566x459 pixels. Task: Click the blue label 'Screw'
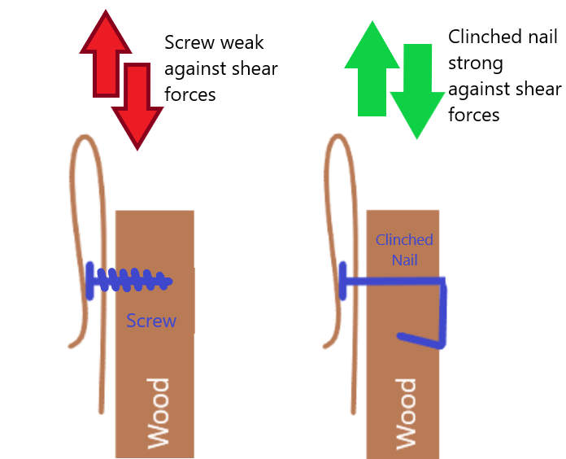pyautogui.click(x=151, y=321)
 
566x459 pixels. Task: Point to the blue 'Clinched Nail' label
pyautogui.click(x=404, y=249)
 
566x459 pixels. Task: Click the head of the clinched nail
pyautogui.click(x=342, y=281)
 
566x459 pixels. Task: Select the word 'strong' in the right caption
pyautogui.click(x=475, y=63)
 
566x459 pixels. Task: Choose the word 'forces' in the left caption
pyautogui.click(x=190, y=94)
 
